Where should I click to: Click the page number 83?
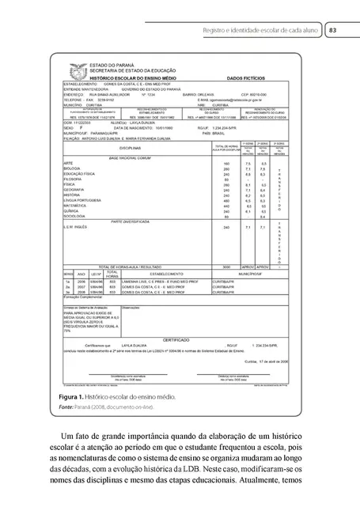[333, 30]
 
